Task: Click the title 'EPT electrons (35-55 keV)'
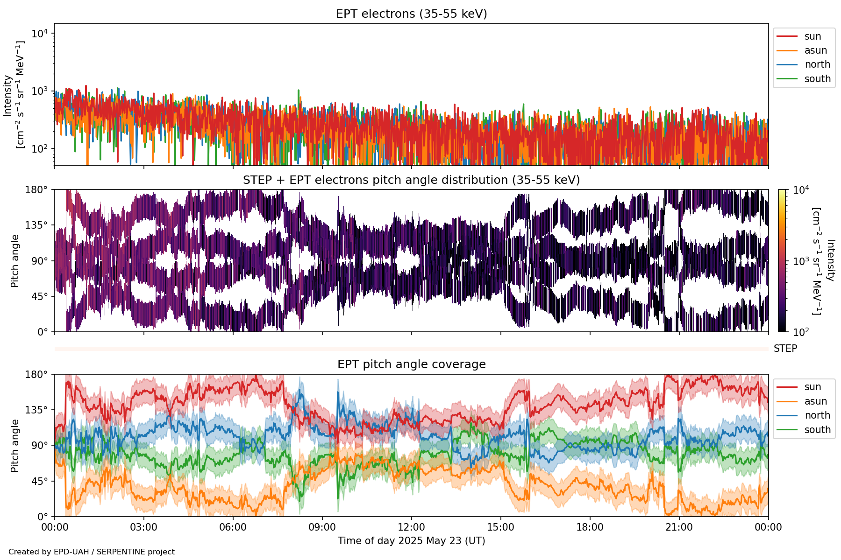coord(411,14)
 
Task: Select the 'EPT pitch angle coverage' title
coord(411,364)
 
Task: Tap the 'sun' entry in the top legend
coord(812,36)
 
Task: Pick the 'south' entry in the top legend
coord(817,79)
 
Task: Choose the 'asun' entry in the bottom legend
coord(815,401)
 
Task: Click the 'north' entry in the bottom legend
coord(817,415)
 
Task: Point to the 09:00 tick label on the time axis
coord(322,527)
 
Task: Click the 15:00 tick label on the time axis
coord(500,527)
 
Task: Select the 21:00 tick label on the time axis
coord(679,527)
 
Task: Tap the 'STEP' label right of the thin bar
coord(785,349)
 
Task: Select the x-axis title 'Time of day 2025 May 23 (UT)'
coord(411,541)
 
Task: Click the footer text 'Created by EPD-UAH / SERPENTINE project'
coord(92,552)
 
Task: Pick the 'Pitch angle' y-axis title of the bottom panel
coord(15,446)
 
